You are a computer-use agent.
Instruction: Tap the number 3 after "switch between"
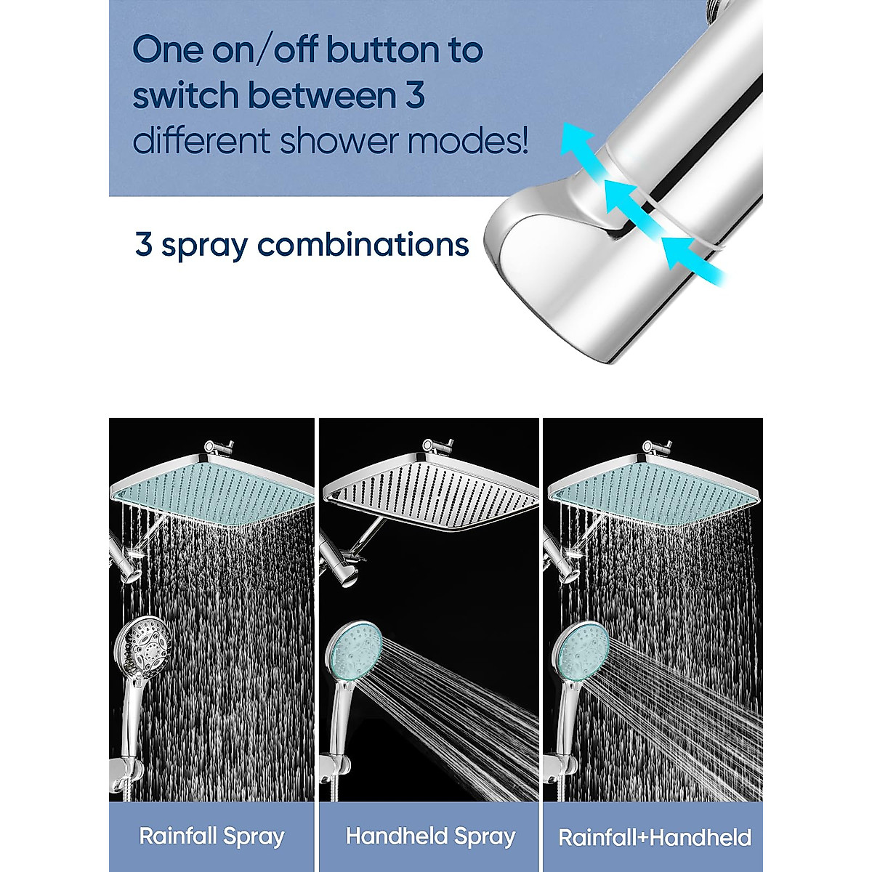click(x=415, y=96)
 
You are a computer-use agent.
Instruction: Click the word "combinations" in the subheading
click(x=363, y=245)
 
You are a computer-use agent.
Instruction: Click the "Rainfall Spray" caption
click(x=211, y=836)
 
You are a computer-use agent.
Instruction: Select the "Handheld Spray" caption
click(x=430, y=836)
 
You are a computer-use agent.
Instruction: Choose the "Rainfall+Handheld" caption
click(x=654, y=837)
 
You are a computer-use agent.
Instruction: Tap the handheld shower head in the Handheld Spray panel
click(x=354, y=650)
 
